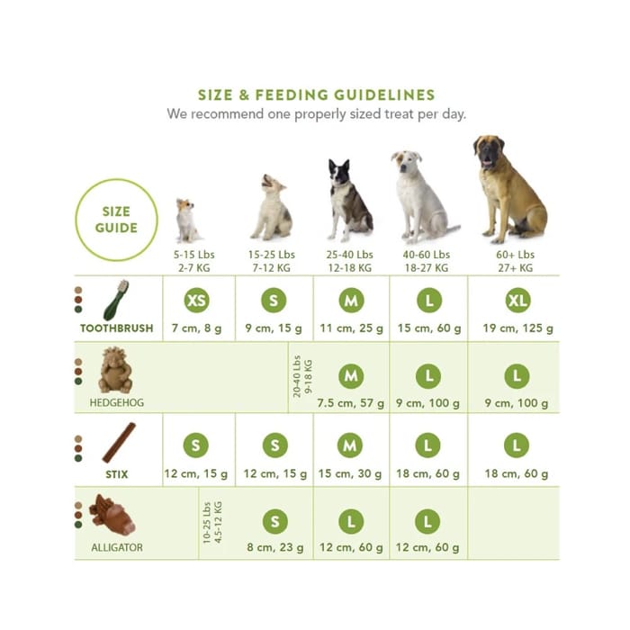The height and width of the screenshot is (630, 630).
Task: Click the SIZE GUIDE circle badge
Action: click(x=117, y=220)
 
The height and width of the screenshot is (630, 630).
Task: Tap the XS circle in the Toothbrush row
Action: click(x=198, y=301)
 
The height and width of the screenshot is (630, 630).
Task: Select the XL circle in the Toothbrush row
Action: click(x=517, y=301)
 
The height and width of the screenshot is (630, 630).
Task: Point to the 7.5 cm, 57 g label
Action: click(x=351, y=402)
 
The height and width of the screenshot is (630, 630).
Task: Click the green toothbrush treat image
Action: click(x=118, y=300)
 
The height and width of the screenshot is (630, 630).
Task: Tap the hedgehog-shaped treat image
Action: click(x=115, y=371)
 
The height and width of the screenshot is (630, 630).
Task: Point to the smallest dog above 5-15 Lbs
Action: click(x=186, y=220)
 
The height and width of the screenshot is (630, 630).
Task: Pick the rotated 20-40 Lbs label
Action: click(x=301, y=377)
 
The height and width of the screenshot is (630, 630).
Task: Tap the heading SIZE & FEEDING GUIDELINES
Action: click(x=316, y=95)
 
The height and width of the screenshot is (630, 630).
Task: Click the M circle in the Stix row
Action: click(x=351, y=445)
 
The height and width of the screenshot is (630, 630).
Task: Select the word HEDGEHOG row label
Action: click(x=116, y=402)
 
